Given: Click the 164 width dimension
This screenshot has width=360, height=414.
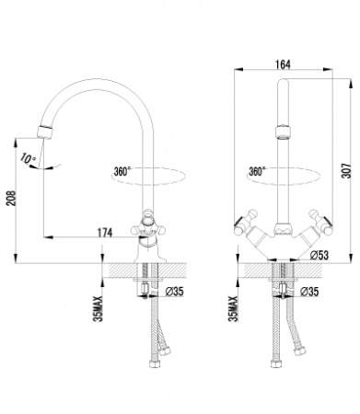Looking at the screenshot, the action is coord(283,64).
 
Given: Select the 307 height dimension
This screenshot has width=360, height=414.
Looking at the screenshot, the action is coord(346,170).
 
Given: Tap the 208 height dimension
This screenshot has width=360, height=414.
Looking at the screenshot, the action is coord(11,198).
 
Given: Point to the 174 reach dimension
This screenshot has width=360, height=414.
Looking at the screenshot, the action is coord(105,233).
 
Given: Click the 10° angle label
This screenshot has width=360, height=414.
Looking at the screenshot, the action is coord(29,159).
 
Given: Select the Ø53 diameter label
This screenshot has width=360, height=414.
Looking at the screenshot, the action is coord(319,255).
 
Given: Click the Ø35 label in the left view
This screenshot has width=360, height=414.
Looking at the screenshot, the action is coord(174,292).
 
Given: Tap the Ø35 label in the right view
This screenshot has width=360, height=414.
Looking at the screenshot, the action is coord(309,292).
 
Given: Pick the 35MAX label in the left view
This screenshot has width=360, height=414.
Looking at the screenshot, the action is coord(99,308).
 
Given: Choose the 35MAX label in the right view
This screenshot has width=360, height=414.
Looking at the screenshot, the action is coord(234,308).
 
